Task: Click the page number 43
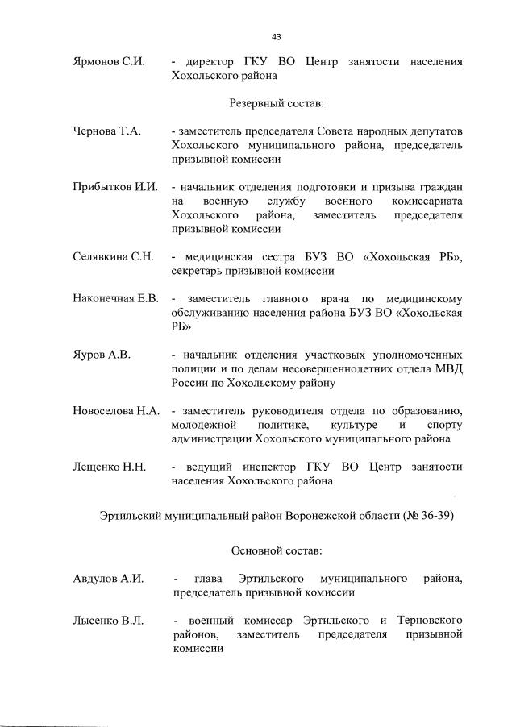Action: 277,36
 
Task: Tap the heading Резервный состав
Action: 277,103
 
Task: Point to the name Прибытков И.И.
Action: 112,187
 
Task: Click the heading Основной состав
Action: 277,550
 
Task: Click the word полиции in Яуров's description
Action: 193,368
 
